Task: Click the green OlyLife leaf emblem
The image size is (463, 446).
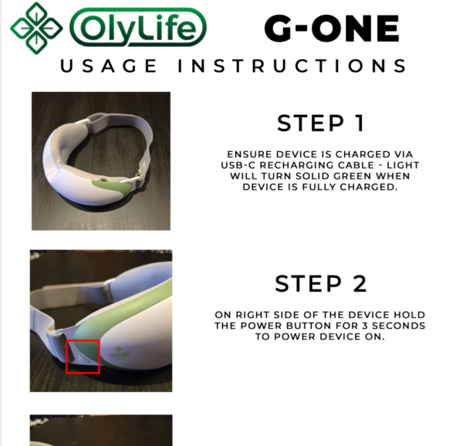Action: point(35,28)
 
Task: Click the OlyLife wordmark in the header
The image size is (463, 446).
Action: point(138,29)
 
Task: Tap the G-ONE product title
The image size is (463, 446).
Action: point(331,29)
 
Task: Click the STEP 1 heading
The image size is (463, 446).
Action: point(321,123)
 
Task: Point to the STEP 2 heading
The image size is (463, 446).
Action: point(321,283)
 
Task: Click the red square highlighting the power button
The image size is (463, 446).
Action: point(83,356)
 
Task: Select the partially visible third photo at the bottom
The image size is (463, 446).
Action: point(101,430)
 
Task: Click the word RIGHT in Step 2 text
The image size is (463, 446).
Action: point(250,315)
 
